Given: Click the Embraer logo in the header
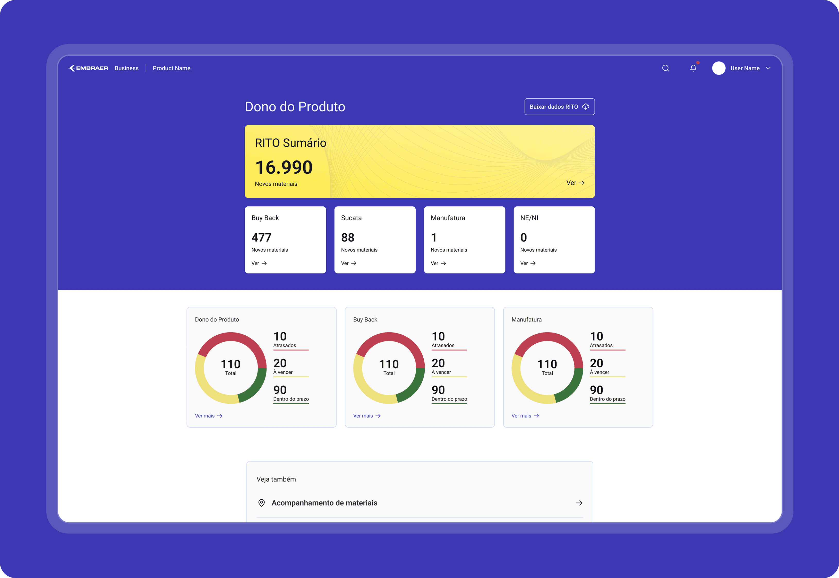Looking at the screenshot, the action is [x=88, y=68].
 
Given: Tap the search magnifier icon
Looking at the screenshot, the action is [x=665, y=68].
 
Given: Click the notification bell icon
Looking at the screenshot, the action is [x=693, y=68].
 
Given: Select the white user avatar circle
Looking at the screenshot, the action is [x=719, y=68].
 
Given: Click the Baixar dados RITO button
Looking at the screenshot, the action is [x=559, y=106].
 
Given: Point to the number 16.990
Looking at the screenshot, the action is [x=284, y=167].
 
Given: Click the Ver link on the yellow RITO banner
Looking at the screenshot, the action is [x=575, y=183].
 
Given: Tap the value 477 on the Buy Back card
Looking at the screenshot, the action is [x=261, y=237].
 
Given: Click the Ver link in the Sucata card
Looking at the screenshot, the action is [x=349, y=263].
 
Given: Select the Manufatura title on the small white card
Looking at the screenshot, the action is [x=448, y=218].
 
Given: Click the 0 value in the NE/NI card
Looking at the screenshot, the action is [x=524, y=237].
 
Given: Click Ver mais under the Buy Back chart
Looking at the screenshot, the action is [x=367, y=416].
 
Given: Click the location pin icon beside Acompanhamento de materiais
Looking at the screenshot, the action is [x=261, y=503].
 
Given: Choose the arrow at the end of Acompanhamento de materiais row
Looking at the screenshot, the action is [x=579, y=503].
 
